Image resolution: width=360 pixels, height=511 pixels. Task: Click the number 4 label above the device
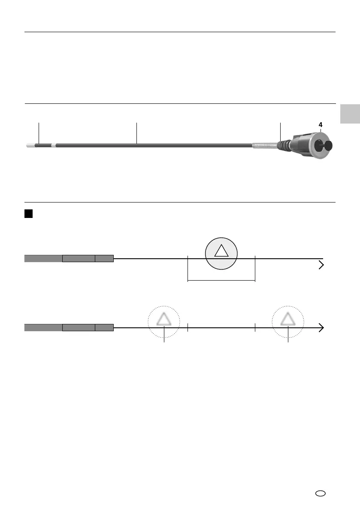pos(320,125)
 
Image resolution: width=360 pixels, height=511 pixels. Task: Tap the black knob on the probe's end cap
pos(327,146)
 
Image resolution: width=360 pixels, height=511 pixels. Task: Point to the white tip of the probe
pos(30,145)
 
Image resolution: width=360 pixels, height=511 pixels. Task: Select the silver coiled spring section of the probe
pos(265,145)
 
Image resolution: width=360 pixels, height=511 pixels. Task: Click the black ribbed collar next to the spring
pos(284,146)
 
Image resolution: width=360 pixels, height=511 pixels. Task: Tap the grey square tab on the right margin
pos(350,114)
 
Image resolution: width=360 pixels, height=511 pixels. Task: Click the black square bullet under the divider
pos(29,214)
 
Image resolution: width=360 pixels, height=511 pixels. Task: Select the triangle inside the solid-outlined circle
pos(221,251)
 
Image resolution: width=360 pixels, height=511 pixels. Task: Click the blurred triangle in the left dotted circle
pos(163,319)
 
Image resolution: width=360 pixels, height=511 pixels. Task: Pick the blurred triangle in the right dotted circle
pos(288,319)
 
